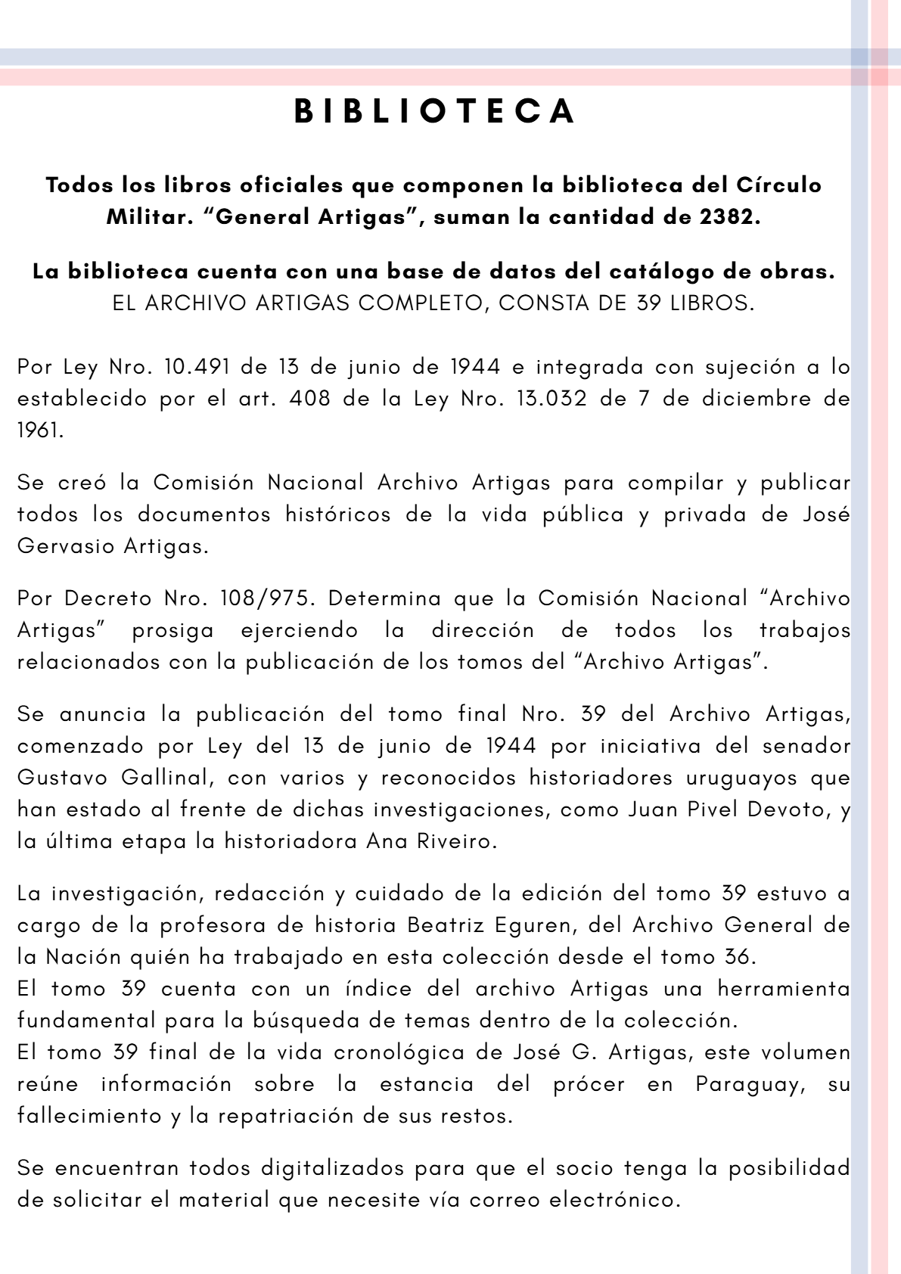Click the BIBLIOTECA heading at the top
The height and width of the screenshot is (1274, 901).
tap(436, 111)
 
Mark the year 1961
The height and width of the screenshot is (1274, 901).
tap(39, 431)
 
